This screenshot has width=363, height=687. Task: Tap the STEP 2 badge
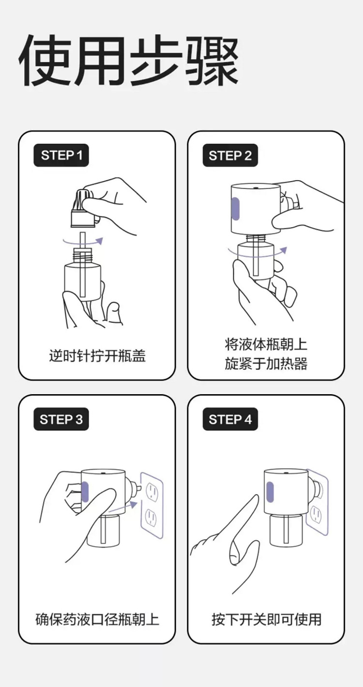point(230,155)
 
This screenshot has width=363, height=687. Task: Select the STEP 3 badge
point(61,419)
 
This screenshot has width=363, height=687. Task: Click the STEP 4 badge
point(230,419)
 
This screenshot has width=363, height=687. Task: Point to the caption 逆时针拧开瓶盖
point(97,356)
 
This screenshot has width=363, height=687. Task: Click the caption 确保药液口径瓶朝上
point(97,619)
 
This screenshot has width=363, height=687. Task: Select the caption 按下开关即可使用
point(266,619)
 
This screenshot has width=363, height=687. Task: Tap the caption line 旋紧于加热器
point(266,364)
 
